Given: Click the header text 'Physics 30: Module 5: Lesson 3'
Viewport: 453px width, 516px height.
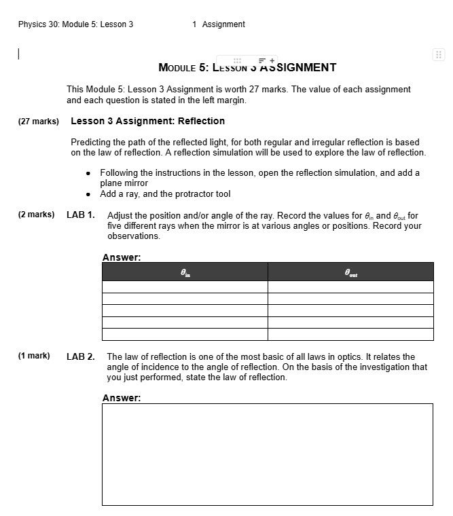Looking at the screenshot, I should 75,24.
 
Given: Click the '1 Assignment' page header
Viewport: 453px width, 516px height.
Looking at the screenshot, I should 219,24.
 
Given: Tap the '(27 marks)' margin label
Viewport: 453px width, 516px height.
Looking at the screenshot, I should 38,122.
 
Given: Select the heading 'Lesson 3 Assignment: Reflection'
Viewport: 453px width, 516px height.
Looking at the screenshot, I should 147,121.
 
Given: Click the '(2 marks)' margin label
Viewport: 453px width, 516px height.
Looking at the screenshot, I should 37,215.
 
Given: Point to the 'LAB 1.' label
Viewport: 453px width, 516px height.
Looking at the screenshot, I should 81,215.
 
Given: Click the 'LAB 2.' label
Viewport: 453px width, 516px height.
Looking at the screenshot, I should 81,357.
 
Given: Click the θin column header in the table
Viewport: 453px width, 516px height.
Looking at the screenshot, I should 185,272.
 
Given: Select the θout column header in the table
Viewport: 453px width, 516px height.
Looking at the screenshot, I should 350,272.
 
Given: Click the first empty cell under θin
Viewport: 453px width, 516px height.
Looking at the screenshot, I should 185,287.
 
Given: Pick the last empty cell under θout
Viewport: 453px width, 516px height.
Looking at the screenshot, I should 350,334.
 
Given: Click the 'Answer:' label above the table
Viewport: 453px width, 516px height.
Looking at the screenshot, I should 122,257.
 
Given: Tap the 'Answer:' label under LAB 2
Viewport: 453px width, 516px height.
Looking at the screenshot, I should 122,398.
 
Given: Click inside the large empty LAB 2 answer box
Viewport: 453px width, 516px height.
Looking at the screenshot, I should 267,454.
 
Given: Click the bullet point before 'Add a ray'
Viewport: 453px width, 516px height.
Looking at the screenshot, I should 89,194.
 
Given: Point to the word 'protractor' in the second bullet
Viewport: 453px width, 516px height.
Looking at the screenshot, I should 181,194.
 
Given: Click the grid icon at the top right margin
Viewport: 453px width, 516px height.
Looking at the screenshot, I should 438,55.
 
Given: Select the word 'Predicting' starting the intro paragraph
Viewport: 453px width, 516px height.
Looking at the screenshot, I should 91,143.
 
